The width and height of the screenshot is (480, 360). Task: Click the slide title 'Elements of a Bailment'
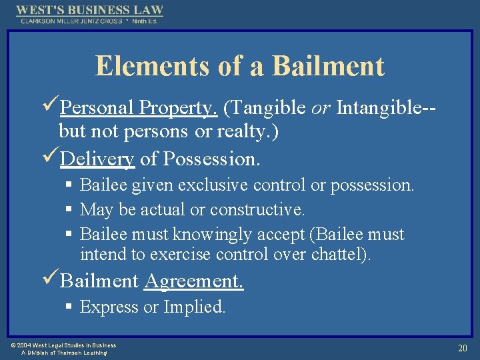point(240,66)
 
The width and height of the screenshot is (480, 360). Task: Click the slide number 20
point(462,347)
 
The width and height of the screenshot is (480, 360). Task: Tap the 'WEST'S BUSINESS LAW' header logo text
point(89,11)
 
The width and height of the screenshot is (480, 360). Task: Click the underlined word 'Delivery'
point(97,159)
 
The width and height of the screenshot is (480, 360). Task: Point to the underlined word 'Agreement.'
point(194,281)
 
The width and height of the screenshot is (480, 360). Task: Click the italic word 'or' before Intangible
point(321,107)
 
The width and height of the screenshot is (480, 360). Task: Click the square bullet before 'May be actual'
point(69,210)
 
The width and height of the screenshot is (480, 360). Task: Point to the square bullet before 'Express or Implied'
point(69,307)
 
